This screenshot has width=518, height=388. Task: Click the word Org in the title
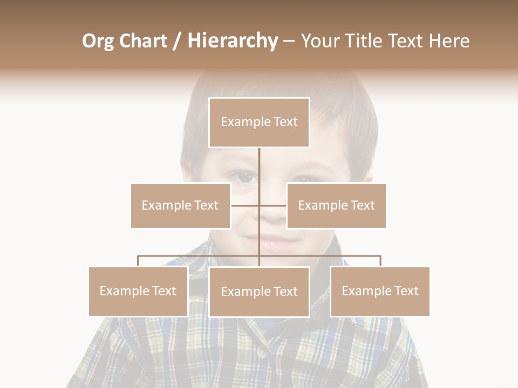pos(98,41)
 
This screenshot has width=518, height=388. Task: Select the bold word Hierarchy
pos(233,41)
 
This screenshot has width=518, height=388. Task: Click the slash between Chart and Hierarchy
pos(177,41)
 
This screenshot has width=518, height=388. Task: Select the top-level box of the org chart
pos(259,122)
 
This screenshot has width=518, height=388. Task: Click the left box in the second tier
pos(180,205)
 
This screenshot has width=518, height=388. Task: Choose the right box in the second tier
pos(336,205)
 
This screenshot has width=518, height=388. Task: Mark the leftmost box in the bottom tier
pos(138,291)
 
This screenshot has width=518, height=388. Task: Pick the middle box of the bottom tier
pos(259,292)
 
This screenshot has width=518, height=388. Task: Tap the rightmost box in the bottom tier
pos(380,291)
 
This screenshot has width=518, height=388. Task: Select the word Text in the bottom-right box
pos(406,291)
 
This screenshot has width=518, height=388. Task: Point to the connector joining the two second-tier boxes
pos(259,205)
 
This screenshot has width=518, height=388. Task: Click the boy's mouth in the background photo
pos(272,239)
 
